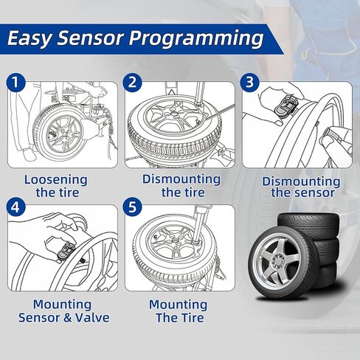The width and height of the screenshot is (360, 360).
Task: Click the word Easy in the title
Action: point(32,38)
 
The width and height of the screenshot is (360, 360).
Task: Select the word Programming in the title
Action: point(199,38)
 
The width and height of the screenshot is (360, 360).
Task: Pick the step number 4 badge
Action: point(16,207)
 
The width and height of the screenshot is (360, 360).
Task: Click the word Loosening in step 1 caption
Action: point(56,179)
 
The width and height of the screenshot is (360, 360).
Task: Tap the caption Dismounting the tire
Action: point(181,186)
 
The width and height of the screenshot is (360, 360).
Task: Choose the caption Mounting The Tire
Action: point(177,311)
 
